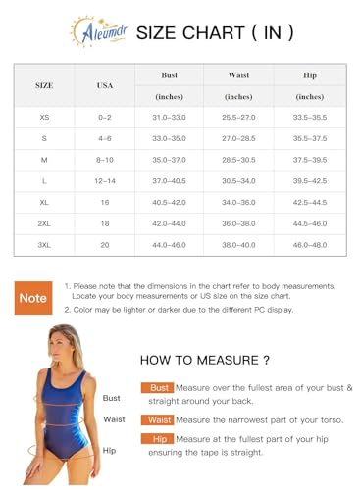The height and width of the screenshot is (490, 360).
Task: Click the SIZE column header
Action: click(x=44, y=85)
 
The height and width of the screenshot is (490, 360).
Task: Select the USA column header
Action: click(x=105, y=85)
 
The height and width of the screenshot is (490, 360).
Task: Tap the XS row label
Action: click(x=44, y=117)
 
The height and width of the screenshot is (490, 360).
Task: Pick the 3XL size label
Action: click(x=44, y=244)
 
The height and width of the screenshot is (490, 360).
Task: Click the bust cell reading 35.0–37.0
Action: click(x=170, y=159)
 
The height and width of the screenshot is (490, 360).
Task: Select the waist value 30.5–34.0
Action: click(x=238, y=180)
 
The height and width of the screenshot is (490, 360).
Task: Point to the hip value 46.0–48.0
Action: click(x=309, y=244)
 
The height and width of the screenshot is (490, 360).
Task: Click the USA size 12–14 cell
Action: click(x=105, y=180)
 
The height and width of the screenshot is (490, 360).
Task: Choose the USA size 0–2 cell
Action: click(x=105, y=117)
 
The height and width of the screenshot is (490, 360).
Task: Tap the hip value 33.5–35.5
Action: click(x=309, y=117)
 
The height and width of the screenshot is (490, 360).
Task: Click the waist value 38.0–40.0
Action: click(x=238, y=244)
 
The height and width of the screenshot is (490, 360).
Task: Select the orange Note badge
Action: click(x=33, y=297)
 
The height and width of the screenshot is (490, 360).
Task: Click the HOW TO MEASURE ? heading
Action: click(x=205, y=360)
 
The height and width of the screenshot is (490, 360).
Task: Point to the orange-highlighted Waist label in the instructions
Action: click(x=159, y=419)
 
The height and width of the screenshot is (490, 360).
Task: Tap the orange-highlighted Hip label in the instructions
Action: click(x=159, y=440)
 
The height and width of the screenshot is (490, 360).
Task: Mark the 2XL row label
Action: click(x=44, y=222)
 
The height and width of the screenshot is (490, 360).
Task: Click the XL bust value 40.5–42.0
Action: click(x=170, y=202)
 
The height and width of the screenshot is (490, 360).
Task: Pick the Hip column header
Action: click(x=309, y=74)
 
